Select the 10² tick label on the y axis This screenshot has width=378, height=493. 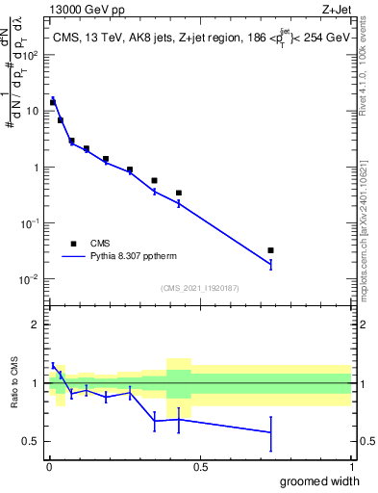point(31,55)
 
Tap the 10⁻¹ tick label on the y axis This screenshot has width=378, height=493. point(31,223)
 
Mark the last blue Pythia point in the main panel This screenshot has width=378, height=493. point(270,264)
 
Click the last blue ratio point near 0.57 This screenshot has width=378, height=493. point(270,432)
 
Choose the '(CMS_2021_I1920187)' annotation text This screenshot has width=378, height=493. point(200,288)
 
